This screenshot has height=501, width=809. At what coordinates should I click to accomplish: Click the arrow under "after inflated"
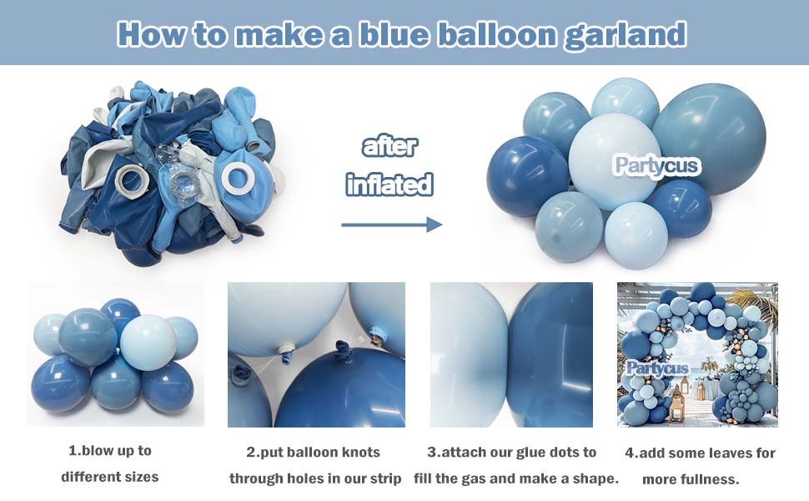coord(391,224)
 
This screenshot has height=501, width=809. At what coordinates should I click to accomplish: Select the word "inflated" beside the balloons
coord(389,183)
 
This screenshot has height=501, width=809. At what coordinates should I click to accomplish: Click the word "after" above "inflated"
coord(389,147)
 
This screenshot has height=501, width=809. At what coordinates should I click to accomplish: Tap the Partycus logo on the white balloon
coord(656,164)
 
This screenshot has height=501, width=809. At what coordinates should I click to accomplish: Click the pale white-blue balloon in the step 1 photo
coord(148,342)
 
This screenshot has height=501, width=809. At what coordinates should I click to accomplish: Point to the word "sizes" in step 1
coord(138,477)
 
